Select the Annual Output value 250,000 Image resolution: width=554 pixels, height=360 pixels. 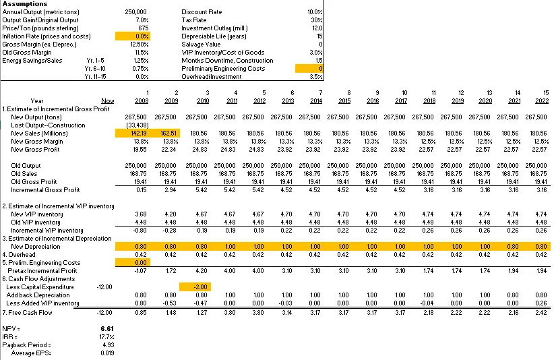click(x=137, y=12)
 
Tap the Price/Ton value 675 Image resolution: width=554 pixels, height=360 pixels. click(x=142, y=28)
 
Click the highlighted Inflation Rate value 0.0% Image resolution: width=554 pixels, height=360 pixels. click(x=142, y=36)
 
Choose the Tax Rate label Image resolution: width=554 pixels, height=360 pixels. click(x=194, y=20)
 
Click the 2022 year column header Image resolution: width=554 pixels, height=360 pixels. click(x=539, y=100)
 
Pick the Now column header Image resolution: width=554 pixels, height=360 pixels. click(x=107, y=100)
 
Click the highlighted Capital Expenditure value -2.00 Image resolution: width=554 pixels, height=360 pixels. click(x=196, y=287)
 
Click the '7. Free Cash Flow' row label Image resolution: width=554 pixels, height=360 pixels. click(x=28, y=312)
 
